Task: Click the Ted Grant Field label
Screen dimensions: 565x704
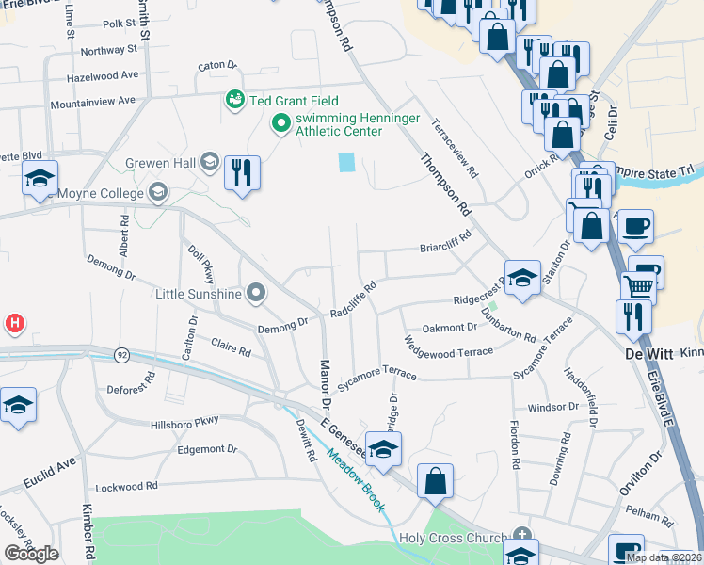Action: (x=293, y=101)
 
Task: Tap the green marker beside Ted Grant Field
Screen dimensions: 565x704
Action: (x=233, y=99)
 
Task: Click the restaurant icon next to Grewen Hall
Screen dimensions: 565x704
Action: (x=243, y=171)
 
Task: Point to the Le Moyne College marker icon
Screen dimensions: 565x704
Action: (x=158, y=193)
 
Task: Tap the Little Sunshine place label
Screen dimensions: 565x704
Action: (x=200, y=294)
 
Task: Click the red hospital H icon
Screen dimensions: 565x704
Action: (x=14, y=324)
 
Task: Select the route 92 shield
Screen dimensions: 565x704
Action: (x=121, y=355)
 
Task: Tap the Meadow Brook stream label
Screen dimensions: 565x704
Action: (x=357, y=480)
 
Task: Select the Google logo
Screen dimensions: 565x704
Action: (x=31, y=554)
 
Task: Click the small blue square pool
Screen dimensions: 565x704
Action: (x=346, y=162)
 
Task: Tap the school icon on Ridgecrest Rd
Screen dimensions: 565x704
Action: (x=522, y=278)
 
